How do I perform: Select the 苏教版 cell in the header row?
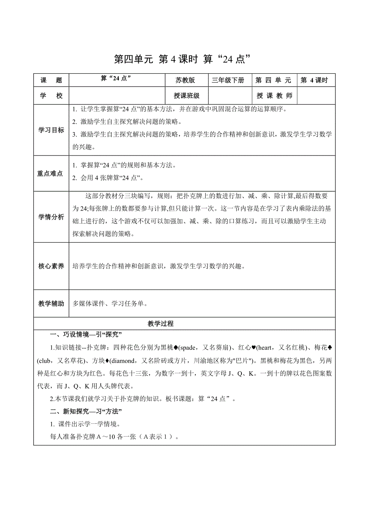click(x=185, y=80)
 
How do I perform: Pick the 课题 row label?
click(x=51, y=80)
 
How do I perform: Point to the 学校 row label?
click(x=51, y=96)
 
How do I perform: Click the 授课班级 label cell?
click(x=187, y=96)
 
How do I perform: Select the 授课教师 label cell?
click(x=274, y=96)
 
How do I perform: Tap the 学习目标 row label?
click(x=51, y=130)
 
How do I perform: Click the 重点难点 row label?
click(x=51, y=174)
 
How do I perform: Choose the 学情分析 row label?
click(x=51, y=217)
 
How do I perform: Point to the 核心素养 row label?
click(x=51, y=266)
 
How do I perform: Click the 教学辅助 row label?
click(x=51, y=303)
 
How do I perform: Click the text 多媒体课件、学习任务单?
click(x=109, y=303)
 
